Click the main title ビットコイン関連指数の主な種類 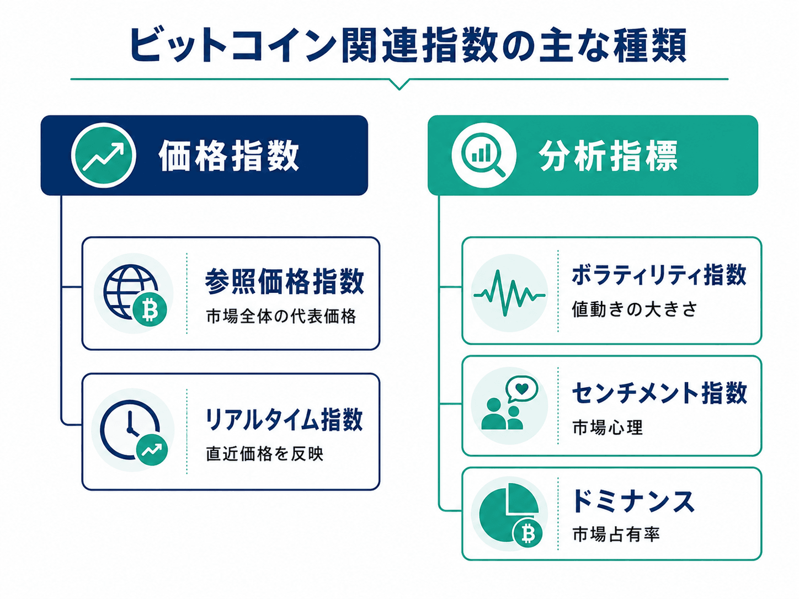pos(408,45)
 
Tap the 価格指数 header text pos(229,156)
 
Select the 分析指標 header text pos(608,156)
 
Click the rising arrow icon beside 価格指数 pos(104,155)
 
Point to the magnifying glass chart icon pos(483,156)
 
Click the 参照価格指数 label pos(284,281)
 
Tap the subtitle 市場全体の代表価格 pos(281,316)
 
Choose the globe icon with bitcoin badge pos(135,293)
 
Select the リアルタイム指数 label pos(284,419)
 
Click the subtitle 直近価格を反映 pos(265,453)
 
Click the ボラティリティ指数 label pos(659,275)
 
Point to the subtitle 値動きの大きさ pos(634,309)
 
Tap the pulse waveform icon pos(509,293)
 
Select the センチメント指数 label pos(659,393)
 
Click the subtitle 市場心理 pos(608,427)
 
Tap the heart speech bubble pos(521,388)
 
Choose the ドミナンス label pos(633,501)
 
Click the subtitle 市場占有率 pos(616,534)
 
